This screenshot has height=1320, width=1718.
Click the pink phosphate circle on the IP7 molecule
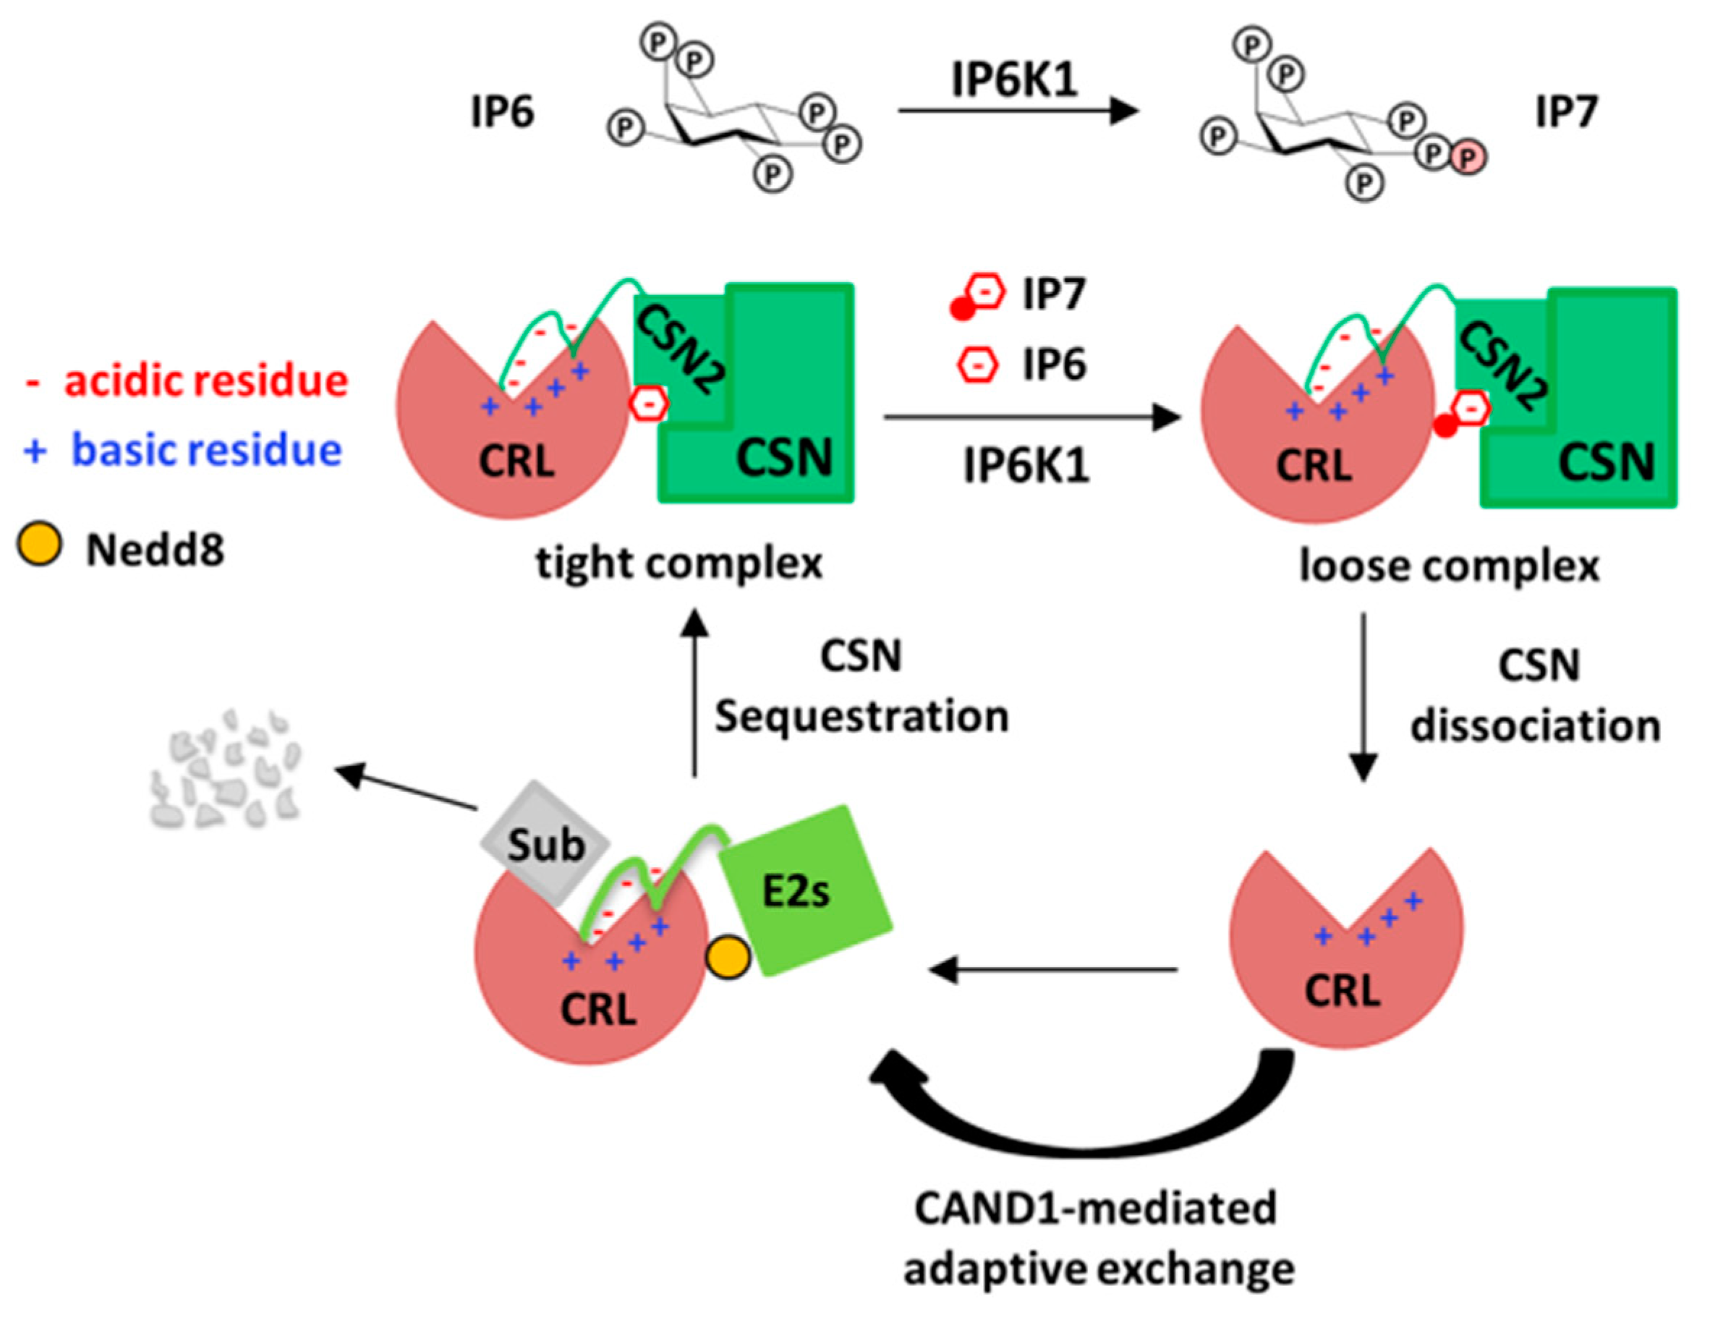pos(1467,158)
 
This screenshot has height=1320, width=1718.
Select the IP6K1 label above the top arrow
pos(1014,80)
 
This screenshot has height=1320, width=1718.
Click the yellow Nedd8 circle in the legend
pos(39,545)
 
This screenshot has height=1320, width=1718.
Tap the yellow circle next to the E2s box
pos(728,958)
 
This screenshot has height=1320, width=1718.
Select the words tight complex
pos(679,563)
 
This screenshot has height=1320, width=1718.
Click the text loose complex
pos(1448,566)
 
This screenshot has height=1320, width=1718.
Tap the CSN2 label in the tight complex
pos(681,349)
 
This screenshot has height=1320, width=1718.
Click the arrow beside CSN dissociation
pos(1363,695)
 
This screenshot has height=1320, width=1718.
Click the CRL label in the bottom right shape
pos(1343,991)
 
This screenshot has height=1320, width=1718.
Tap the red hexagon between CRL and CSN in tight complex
pos(649,404)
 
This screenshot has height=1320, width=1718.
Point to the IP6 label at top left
pos(501,111)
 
